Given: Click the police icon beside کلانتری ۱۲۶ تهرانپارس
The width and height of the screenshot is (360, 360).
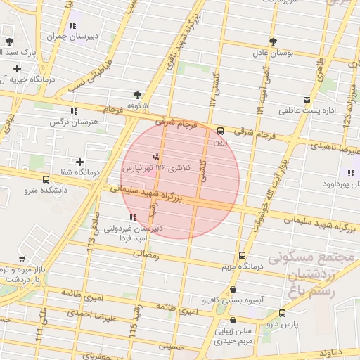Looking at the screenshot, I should pyautogui.click(x=155, y=156).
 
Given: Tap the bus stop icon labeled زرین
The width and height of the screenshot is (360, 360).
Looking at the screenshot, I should pyautogui.click(x=221, y=130).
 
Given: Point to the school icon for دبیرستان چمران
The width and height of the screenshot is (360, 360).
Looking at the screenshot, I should pyautogui.click(x=73, y=25).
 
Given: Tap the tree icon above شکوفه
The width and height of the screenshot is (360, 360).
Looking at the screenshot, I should pyautogui.click(x=136, y=94).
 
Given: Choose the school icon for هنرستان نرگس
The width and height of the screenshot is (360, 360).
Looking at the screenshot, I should pyautogui.click(x=73, y=111).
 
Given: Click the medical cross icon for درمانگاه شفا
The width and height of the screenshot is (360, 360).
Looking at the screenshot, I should pyautogui.click(x=79, y=162).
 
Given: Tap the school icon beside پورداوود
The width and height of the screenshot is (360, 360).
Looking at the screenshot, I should pyautogui.click(x=349, y=173).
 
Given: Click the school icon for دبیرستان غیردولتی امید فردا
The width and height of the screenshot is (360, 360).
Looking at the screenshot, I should pyautogui.click(x=134, y=217).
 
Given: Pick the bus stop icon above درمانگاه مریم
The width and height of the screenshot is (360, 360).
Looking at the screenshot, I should pyautogui.click(x=243, y=256).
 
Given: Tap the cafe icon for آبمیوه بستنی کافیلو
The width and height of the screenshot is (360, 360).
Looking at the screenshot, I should pyautogui.click(x=233, y=289).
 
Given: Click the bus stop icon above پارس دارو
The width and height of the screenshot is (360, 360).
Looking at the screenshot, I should pyautogui.click(x=282, y=313).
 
